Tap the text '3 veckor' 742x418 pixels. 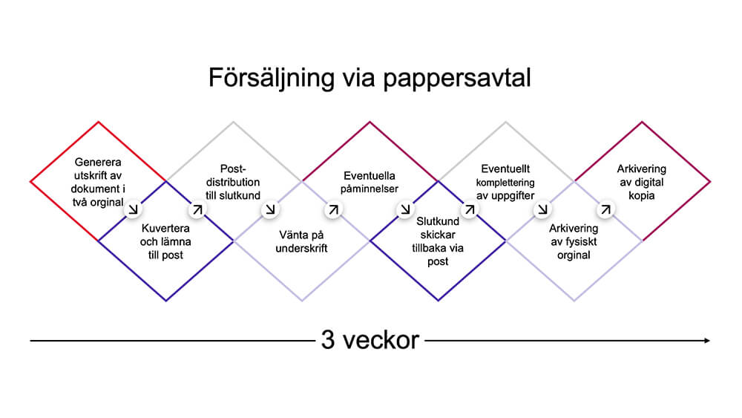click(370, 340)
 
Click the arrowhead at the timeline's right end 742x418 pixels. click(706, 340)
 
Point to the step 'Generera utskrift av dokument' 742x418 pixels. click(99, 181)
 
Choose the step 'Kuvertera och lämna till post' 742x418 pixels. click(166, 242)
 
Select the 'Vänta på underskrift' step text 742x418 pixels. click(301, 242)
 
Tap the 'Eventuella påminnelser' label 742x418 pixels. click(370, 183)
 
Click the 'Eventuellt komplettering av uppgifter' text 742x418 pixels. click(506, 182)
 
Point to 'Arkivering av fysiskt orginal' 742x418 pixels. click(574, 242)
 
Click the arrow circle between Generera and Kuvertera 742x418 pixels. click(134, 210)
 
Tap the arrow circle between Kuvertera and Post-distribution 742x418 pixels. click(198, 210)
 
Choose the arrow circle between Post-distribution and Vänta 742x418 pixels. click(269, 210)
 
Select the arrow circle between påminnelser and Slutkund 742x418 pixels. click(405, 210)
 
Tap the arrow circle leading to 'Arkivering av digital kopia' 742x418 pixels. click(606, 210)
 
